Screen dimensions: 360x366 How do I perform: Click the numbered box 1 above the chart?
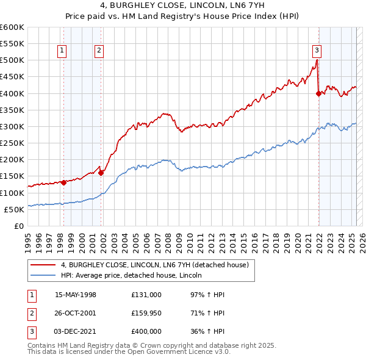point(62,51)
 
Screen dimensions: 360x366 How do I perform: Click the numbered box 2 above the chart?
point(98,51)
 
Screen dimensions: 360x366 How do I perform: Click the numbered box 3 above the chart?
point(317,51)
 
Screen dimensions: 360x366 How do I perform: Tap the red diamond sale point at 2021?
point(318,93)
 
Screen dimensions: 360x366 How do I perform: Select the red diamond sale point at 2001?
point(101,173)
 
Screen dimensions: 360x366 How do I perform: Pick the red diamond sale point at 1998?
point(63,182)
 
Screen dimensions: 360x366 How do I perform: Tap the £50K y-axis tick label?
point(14,209)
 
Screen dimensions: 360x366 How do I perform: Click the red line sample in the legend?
point(43,265)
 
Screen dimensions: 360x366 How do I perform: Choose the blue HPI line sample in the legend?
point(43,275)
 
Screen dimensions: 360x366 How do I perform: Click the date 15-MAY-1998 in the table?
point(76,295)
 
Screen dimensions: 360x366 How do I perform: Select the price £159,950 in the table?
point(146,313)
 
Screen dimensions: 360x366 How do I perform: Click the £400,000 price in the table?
point(146,331)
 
